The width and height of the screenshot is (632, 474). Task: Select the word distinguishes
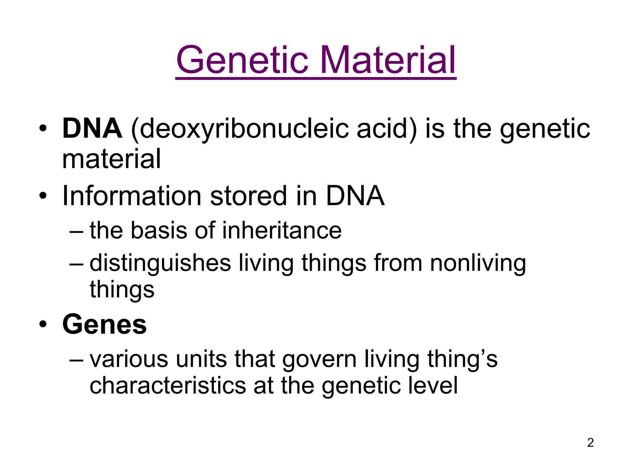160,264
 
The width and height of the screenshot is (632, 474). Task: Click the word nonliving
478,264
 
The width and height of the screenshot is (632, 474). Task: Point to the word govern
319,360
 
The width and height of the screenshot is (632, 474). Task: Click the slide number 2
590,443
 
